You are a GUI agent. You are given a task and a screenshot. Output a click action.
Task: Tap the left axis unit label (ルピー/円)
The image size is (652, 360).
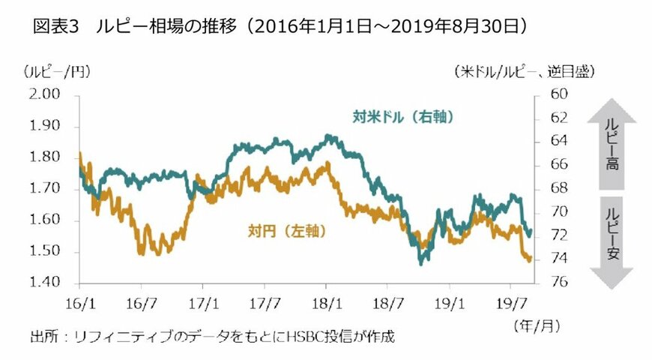coord(57,72)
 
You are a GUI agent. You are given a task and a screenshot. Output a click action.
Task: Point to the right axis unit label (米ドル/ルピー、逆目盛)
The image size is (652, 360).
coord(525,72)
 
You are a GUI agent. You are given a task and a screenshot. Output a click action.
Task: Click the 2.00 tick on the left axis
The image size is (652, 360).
coord(45,94)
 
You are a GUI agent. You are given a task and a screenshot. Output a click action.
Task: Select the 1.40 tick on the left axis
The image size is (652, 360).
coord(45,283)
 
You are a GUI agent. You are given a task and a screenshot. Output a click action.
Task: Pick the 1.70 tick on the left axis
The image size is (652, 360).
coord(45,188)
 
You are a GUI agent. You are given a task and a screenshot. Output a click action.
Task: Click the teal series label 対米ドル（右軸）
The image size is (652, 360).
coord(404,117)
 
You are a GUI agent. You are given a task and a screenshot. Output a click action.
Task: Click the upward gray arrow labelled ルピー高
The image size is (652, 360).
coord(612,147)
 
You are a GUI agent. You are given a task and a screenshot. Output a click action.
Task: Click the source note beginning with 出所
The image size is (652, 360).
coord(212,337)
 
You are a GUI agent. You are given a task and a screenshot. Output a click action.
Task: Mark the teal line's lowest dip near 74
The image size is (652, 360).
coord(421,262)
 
